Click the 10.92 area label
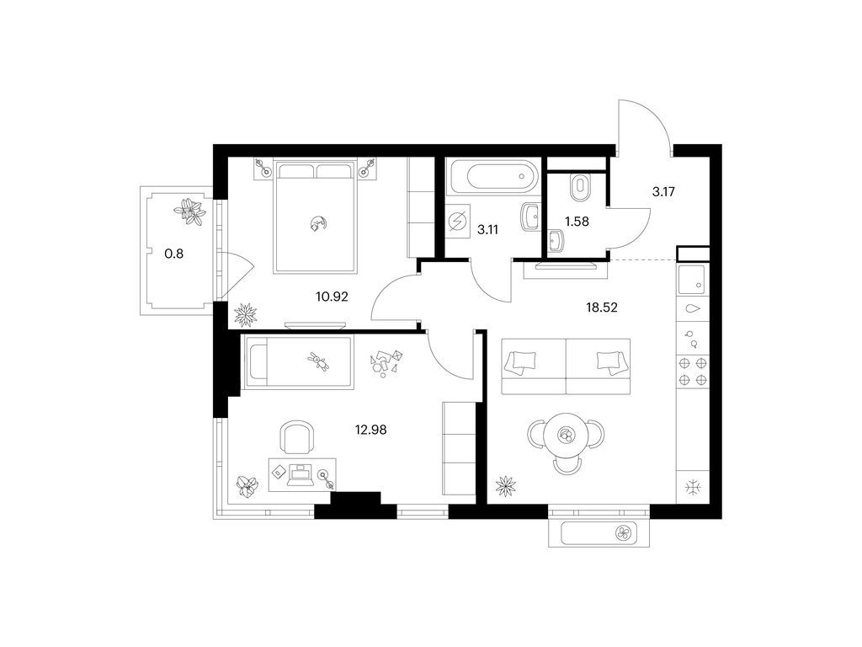point(332,297)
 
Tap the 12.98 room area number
point(370,430)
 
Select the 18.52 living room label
point(601,307)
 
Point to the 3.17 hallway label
point(663,192)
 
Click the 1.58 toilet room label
point(577,222)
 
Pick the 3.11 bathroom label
point(487,230)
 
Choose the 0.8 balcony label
point(173,254)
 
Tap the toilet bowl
point(579,187)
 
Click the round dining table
point(566,435)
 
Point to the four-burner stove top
point(693,372)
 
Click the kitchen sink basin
point(693,280)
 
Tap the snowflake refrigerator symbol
point(693,487)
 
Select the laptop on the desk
point(301,475)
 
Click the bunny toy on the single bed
point(318,361)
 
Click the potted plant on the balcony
point(190,211)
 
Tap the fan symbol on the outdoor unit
point(624,532)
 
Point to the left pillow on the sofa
point(523,362)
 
